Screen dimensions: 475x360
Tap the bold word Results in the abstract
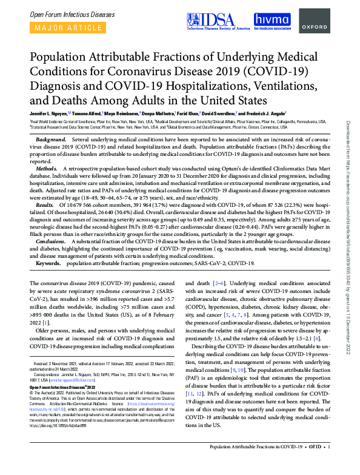tap(46, 205)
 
